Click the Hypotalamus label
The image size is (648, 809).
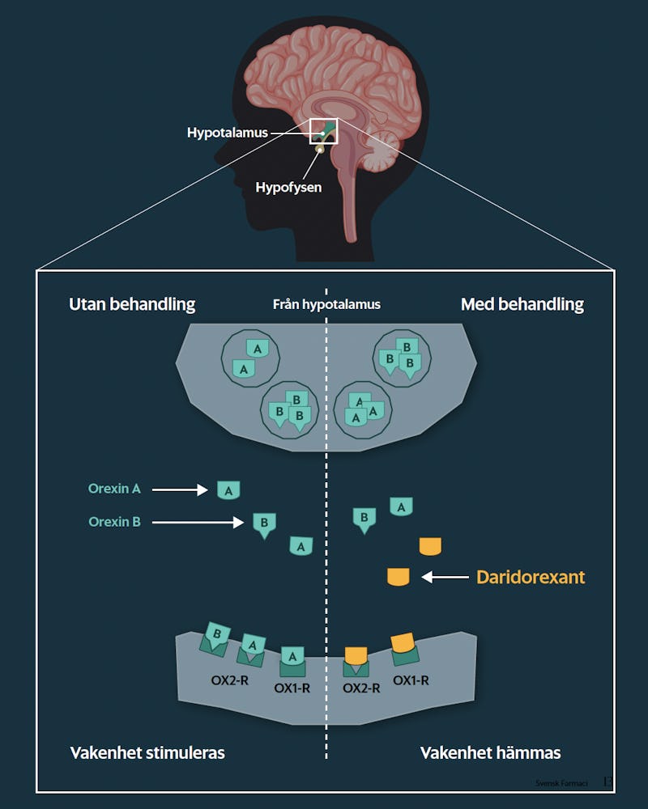point(228,133)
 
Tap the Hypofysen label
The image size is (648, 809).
point(288,187)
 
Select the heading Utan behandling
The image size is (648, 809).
point(132,304)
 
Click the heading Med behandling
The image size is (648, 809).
point(522,304)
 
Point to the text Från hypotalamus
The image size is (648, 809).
point(326,304)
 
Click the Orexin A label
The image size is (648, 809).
point(114,489)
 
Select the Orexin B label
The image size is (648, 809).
point(114,522)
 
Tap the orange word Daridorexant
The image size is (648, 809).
point(531,577)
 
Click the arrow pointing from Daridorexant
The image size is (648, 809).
point(446,577)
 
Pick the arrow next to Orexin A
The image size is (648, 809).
point(180,489)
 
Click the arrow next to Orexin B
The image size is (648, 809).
point(198,523)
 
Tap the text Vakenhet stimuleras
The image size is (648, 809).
point(147,752)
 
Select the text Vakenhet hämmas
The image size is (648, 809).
point(490,752)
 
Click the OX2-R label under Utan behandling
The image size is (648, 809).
point(229,680)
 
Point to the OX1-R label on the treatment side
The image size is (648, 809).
point(411,680)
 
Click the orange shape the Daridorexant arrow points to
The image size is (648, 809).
point(399,577)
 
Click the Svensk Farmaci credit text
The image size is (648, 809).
point(561,783)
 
